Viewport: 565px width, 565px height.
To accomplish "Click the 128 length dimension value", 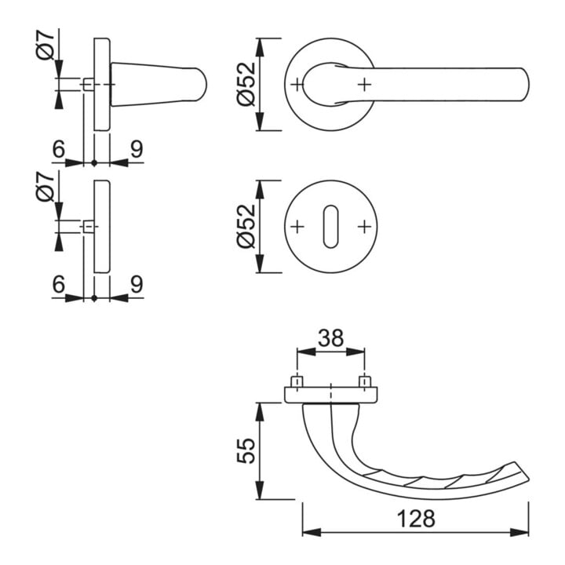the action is (x=416, y=519).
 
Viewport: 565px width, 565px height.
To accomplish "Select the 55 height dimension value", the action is (x=246, y=450).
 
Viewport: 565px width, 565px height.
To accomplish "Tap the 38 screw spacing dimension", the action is (x=331, y=338).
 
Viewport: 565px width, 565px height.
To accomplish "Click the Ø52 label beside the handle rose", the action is (x=246, y=84).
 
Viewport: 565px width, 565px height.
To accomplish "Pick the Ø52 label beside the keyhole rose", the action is (x=246, y=226).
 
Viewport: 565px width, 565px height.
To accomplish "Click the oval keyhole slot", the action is (x=331, y=227).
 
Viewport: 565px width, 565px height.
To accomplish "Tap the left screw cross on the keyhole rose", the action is (x=297, y=227).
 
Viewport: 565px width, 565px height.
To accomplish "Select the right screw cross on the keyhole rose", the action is (x=365, y=227).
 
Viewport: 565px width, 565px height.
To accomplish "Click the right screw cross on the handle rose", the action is (x=365, y=85).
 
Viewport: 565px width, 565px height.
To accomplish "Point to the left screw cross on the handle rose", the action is (x=297, y=85).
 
